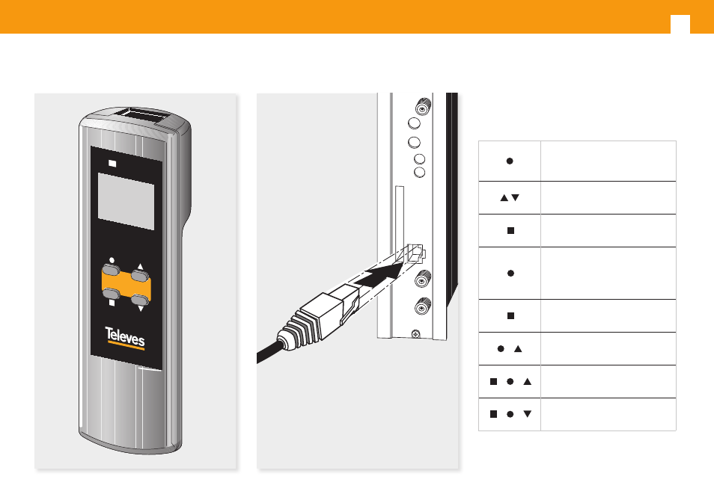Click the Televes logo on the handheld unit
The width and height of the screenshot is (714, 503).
[x=125, y=339]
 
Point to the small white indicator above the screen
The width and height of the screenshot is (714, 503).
[x=113, y=162]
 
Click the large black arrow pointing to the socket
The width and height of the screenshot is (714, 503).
[x=375, y=281]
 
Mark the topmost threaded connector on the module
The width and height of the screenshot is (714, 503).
[x=422, y=106]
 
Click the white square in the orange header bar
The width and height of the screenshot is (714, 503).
[x=680, y=25]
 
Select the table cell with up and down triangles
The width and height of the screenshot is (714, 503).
[x=510, y=198]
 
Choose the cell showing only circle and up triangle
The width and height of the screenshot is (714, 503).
[x=510, y=349]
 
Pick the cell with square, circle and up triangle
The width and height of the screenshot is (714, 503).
[x=510, y=382]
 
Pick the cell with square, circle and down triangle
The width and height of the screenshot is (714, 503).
[x=510, y=414]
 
